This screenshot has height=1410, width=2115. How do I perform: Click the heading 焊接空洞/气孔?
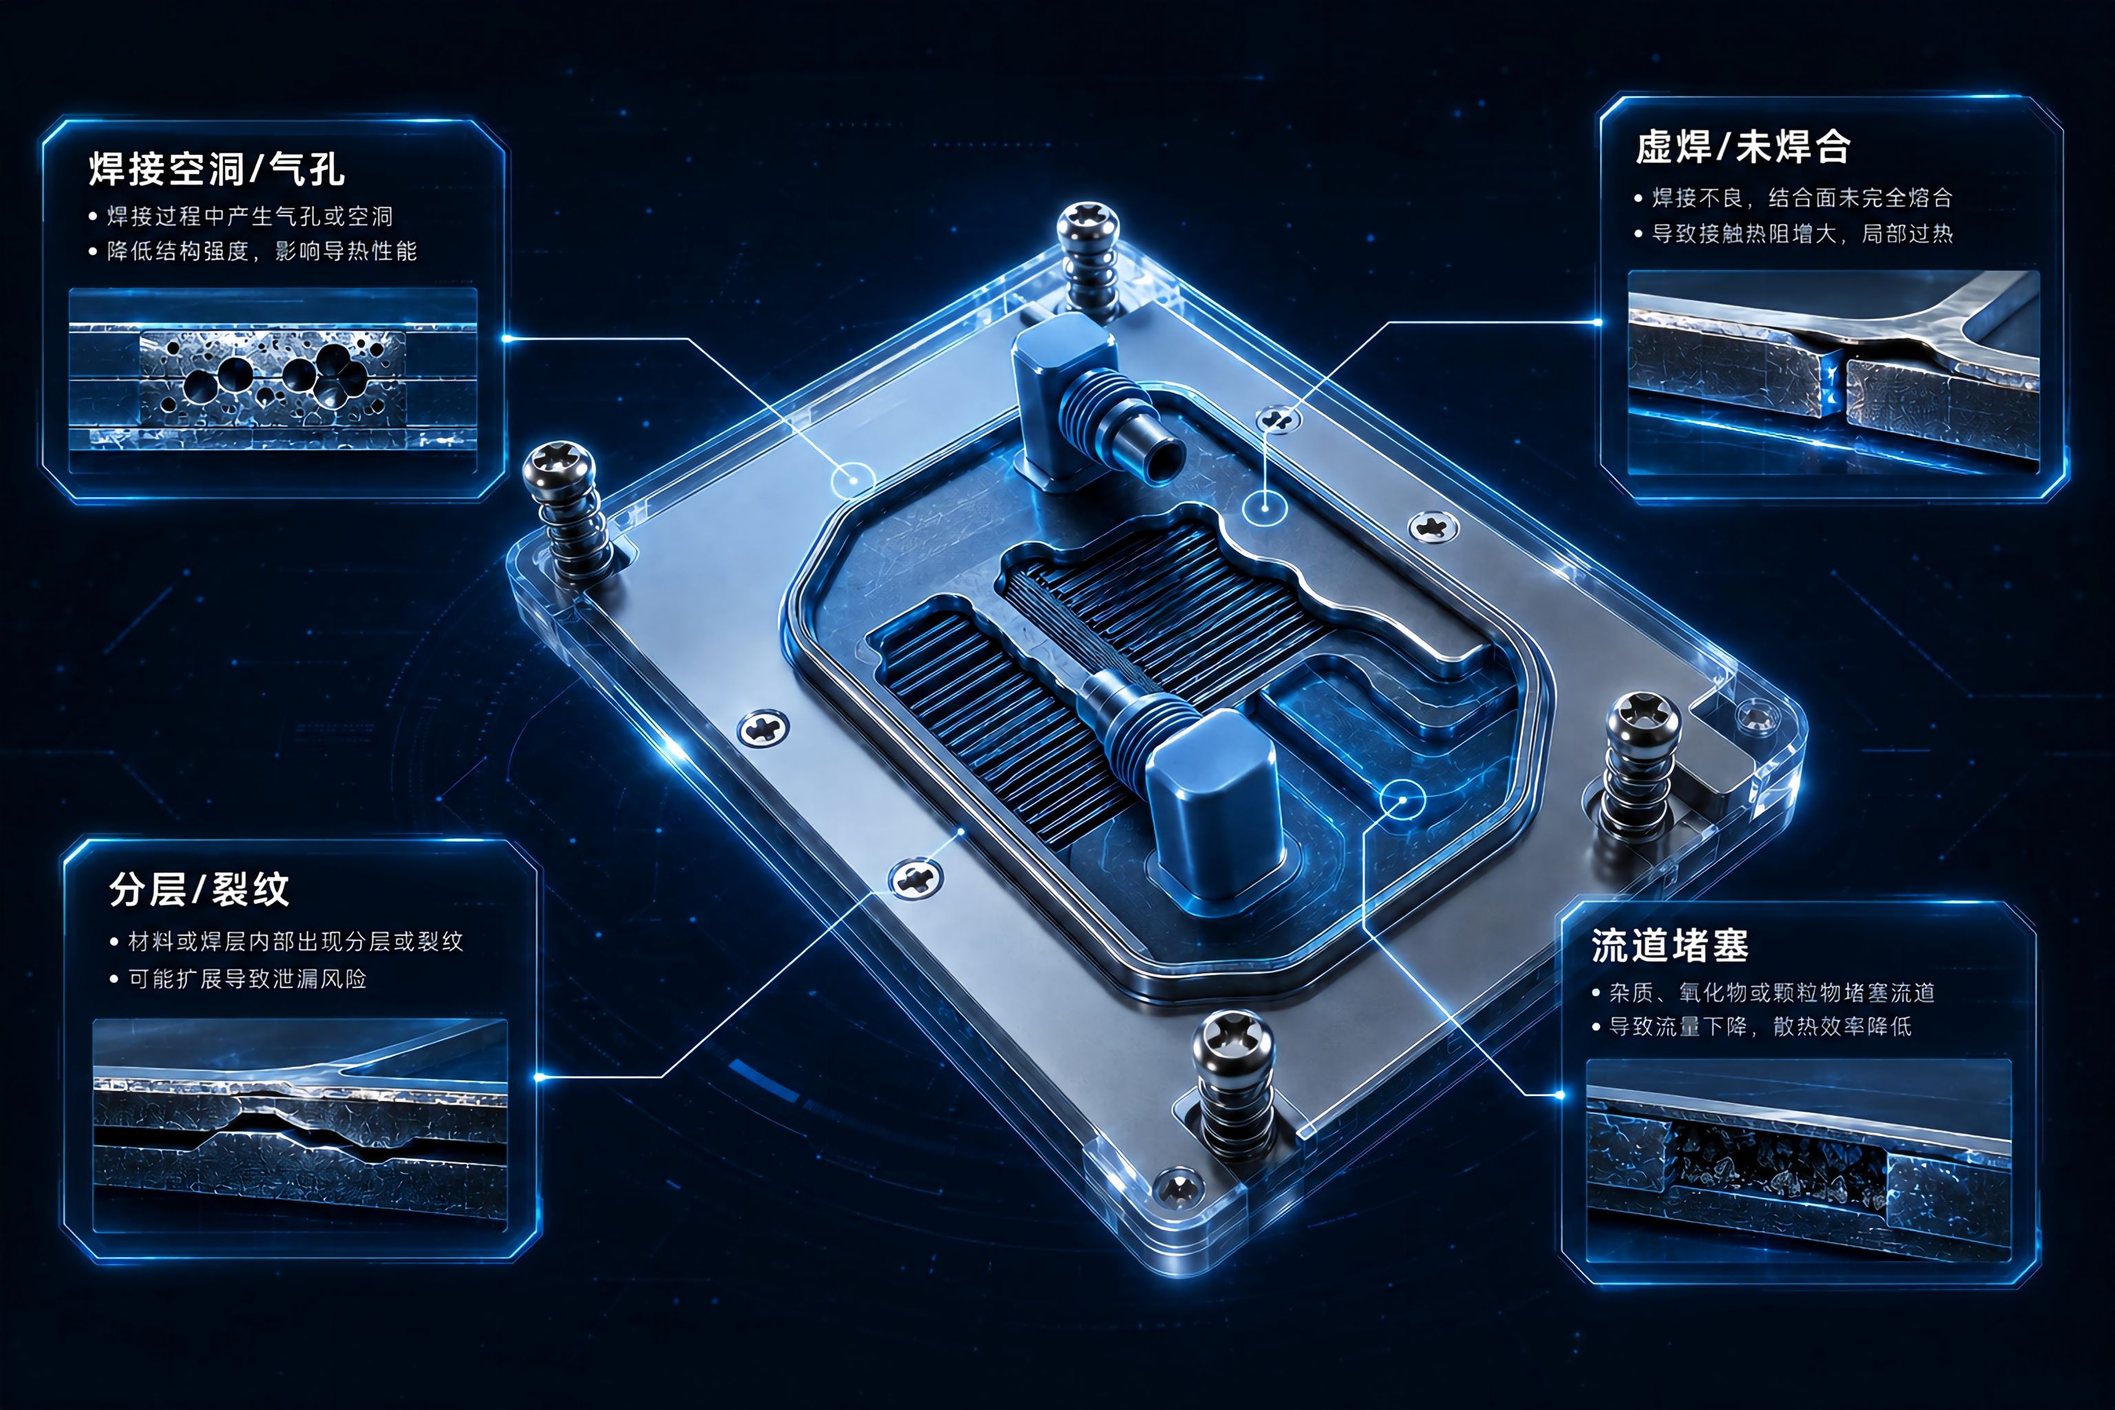(x=217, y=169)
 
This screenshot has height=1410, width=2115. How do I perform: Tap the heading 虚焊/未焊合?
(x=1743, y=147)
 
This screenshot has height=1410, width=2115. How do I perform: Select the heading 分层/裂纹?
(x=199, y=890)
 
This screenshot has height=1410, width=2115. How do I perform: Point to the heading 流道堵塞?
(x=1670, y=945)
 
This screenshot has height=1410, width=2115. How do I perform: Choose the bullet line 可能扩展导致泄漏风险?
(x=238, y=978)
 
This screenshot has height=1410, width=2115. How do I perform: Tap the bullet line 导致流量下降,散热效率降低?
(x=1751, y=1026)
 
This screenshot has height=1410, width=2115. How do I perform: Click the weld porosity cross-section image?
(x=273, y=369)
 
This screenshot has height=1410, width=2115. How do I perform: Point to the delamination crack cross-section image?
(x=299, y=1124)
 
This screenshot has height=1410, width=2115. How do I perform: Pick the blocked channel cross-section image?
(x=1798, y=1160)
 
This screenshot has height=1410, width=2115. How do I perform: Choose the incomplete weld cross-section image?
(x=1833, y=371)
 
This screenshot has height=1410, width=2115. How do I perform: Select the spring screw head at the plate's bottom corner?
(x=1233, y=1043)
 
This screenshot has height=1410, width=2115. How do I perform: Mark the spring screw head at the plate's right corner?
(x=1643, y=722)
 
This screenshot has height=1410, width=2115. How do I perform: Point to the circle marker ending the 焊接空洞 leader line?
(x=852, y=481)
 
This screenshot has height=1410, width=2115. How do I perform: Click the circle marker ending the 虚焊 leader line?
(x=1265, y=508)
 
